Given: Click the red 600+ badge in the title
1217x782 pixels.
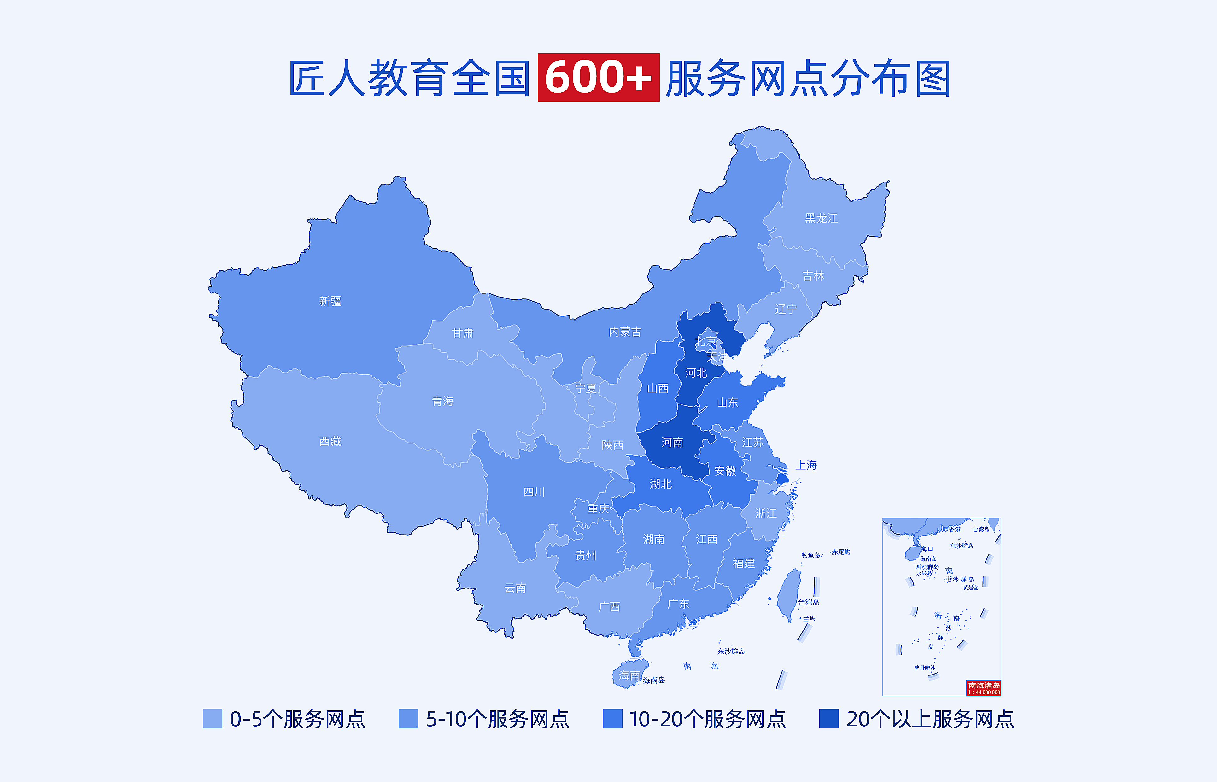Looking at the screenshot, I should [x=598, y=78].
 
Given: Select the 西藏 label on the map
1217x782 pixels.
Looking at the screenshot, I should [x=330, y=441].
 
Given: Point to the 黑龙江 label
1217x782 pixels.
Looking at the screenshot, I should [x=821, y=218].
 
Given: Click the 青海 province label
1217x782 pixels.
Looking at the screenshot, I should [x=442, y=401].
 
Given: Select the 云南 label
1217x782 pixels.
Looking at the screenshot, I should [x=515, y=588].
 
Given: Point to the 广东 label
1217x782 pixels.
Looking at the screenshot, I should [x=678, y=604].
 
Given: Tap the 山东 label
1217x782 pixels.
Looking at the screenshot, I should [x=727, y=403].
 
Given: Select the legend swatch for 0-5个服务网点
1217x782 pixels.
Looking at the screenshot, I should [x=212, y=719].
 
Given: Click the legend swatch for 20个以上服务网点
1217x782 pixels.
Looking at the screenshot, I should [x=828, y=719].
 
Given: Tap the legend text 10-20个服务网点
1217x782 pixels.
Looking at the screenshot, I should [x=707, y=719].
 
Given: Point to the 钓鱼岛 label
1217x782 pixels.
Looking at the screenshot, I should [x=811, y=555].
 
